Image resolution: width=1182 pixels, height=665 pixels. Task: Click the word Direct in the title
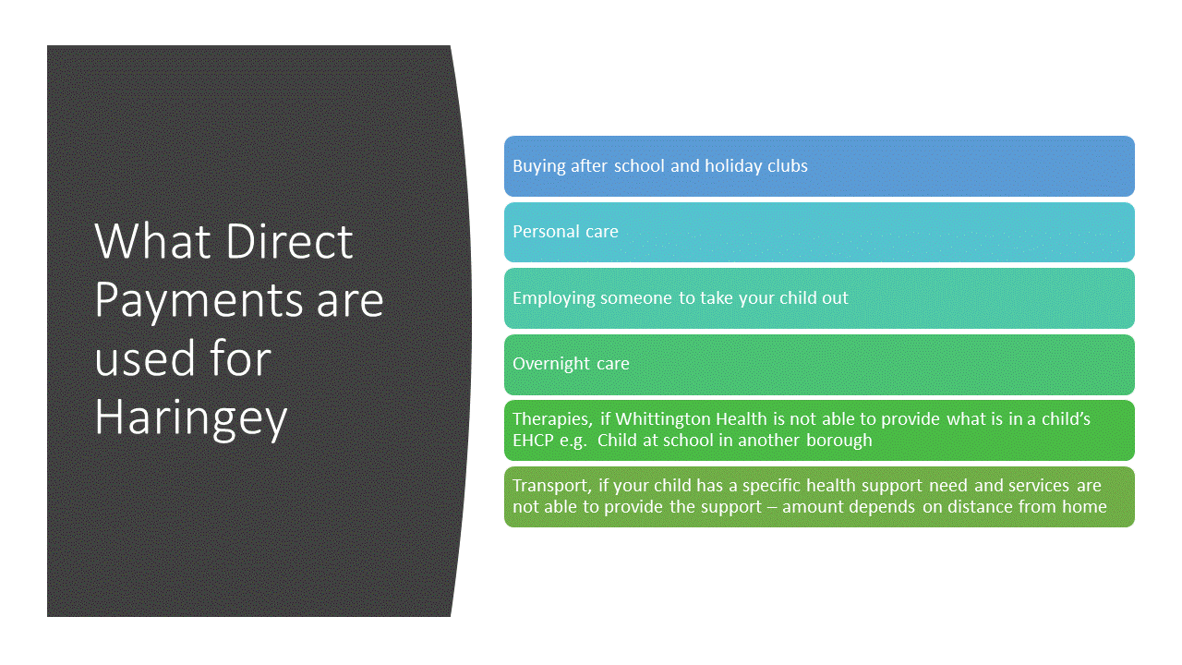[289, 241]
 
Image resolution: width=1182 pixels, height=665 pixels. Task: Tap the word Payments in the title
[199, 301]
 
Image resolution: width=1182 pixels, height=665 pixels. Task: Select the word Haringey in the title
[191, 419]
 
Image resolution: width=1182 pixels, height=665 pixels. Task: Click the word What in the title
[153, 241]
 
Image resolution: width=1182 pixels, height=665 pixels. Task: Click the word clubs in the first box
[788, 165]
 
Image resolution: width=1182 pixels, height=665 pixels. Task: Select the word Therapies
[552, 419]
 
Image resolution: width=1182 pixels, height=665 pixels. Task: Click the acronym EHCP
[533, 441]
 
